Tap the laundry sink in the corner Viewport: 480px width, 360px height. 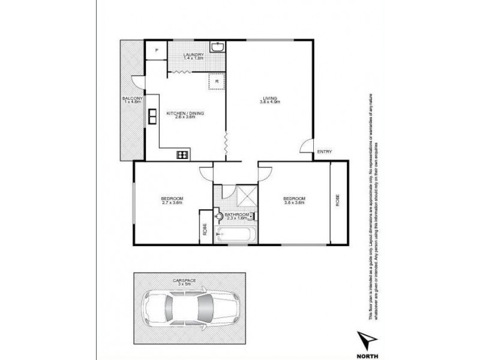tap(217, 47)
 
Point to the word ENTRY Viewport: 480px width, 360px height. tap(324, 152)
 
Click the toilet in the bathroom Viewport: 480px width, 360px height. tap(220, 217)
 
